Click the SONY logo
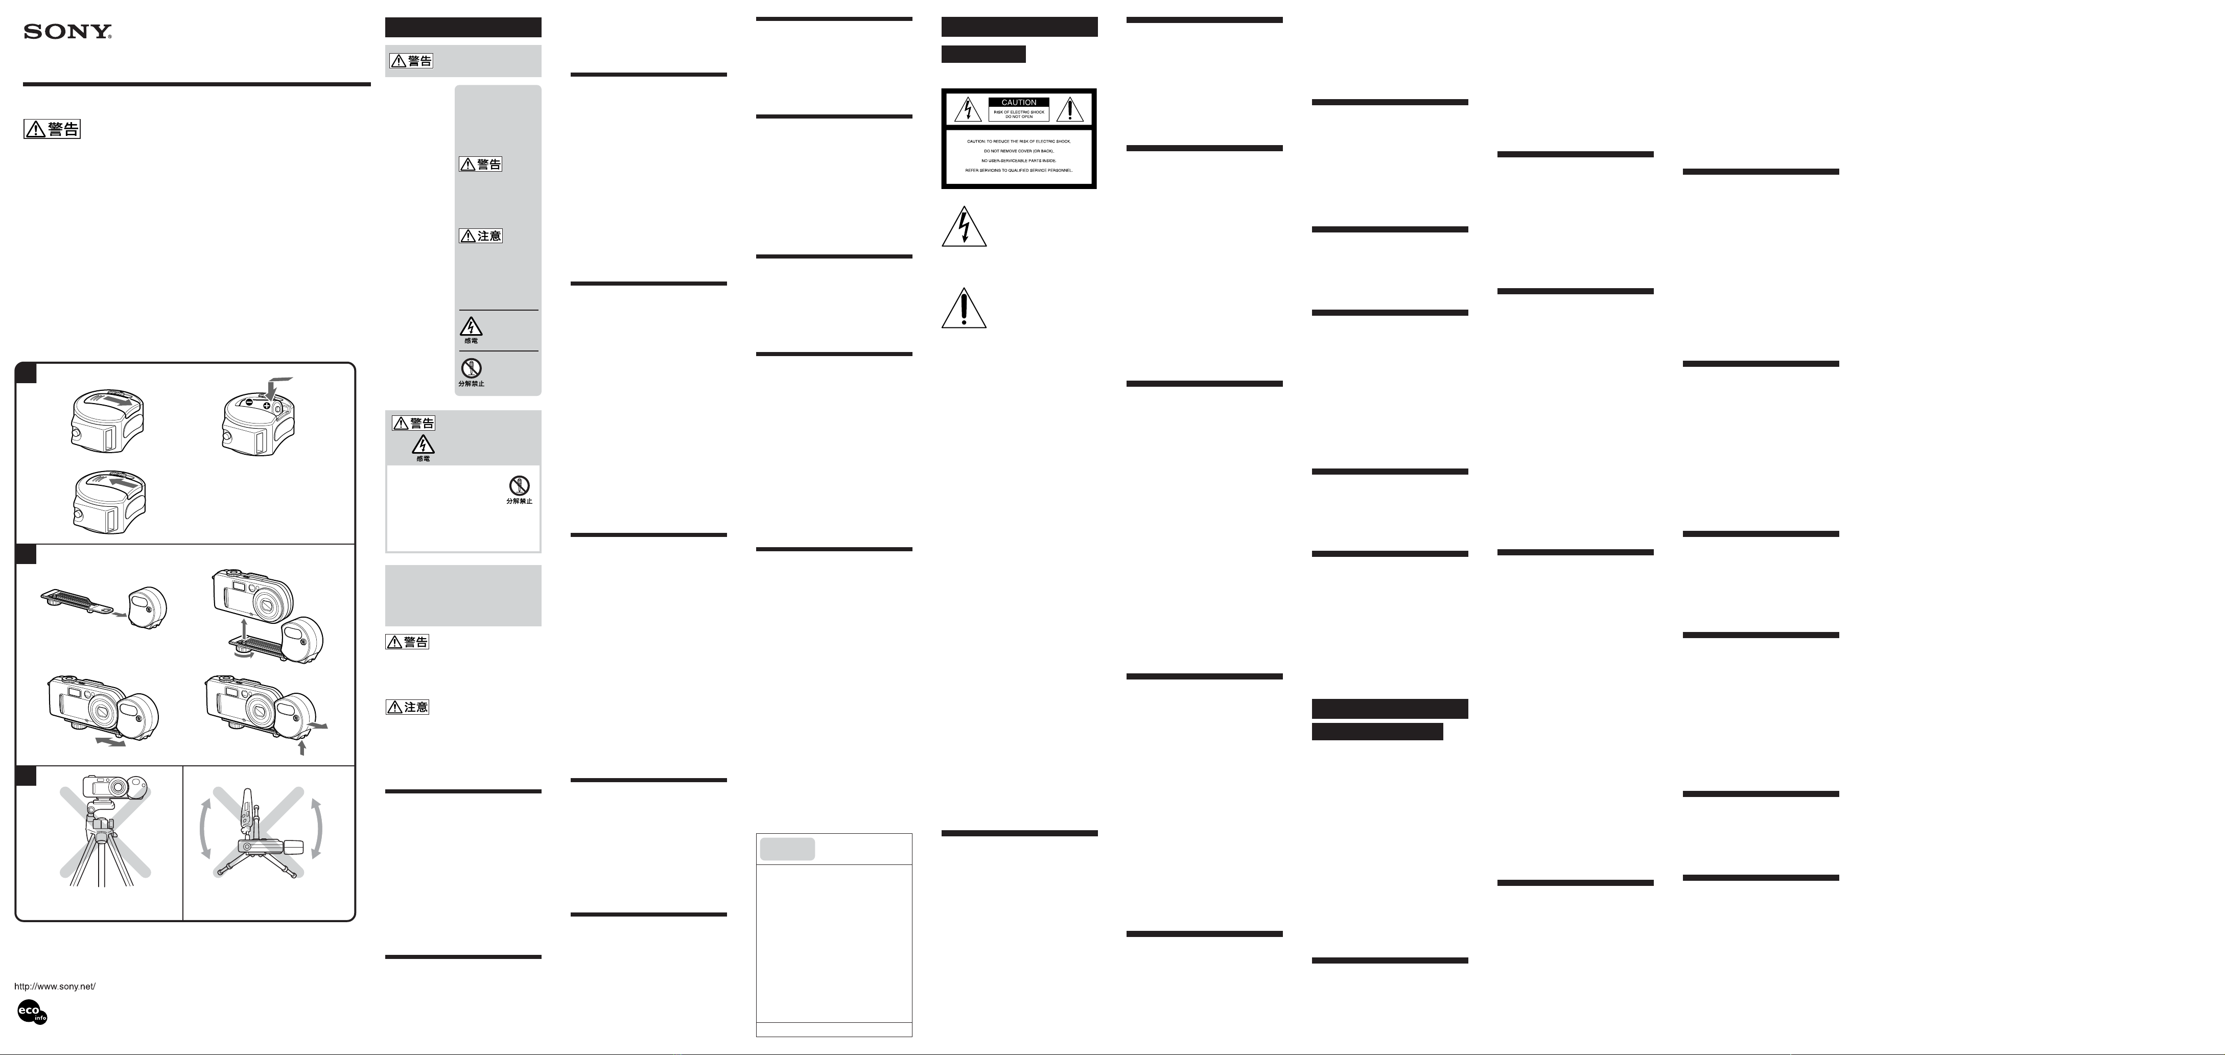pyautogui.click(x=67, y=32)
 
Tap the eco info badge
pyautogui.click(x=32, y=1012)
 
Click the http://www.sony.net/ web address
pyautogui.click(x=55, y=986)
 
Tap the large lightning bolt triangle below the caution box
pyautogui.click(x=964, y=228)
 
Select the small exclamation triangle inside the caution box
pyautogui.click(x=1070, y=110)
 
